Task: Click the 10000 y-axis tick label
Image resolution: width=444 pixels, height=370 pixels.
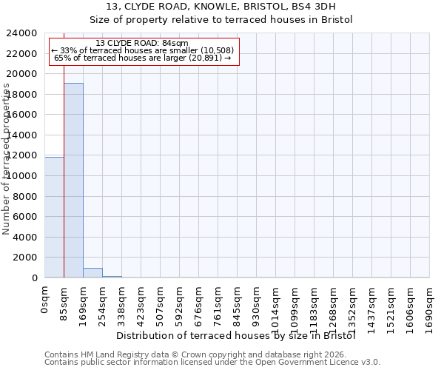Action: [x=21, y=176]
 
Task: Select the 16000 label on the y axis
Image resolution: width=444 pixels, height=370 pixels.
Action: [x=21, y=115]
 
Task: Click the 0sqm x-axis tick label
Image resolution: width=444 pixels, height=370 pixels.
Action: [x=45, y=300]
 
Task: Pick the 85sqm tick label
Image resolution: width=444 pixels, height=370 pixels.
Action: [x=64, y=302]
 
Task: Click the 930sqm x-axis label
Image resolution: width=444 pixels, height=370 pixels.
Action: [x=257, y=304]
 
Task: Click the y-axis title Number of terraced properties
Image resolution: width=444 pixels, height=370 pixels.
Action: [x=7, y=159]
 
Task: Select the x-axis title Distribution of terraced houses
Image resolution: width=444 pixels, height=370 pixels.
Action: [x=237, y=336]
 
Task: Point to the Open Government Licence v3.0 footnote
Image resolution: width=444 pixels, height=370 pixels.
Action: [x=212, y=363]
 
